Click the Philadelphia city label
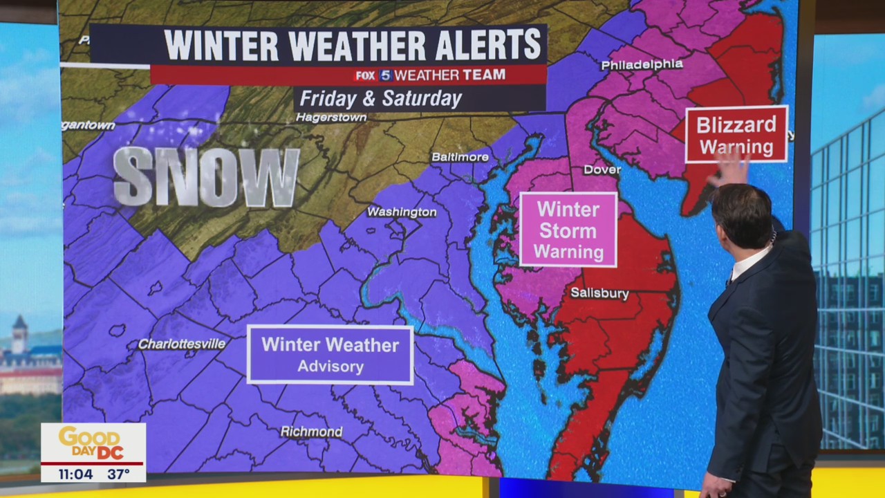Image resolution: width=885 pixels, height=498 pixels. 642,64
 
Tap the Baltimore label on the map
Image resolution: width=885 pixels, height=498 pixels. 460,157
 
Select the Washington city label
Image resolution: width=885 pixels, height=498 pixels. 401,212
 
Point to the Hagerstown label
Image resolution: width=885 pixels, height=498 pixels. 331,118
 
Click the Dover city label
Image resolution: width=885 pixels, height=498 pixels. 602,169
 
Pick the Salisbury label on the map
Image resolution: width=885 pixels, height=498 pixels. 599,293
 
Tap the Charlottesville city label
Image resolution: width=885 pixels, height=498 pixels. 182,344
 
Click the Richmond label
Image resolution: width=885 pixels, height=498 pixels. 311,432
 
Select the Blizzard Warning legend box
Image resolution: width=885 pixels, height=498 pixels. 736,135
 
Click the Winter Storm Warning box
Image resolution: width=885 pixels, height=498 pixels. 568,230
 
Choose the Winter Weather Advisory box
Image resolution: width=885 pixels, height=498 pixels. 330,354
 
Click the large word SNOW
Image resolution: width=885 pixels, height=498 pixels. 206,177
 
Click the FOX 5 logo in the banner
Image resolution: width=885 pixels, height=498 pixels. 374,75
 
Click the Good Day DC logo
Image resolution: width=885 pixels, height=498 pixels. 93,443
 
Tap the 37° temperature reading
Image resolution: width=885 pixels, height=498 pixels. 118,474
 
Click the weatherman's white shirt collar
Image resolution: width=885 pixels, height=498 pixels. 749,264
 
